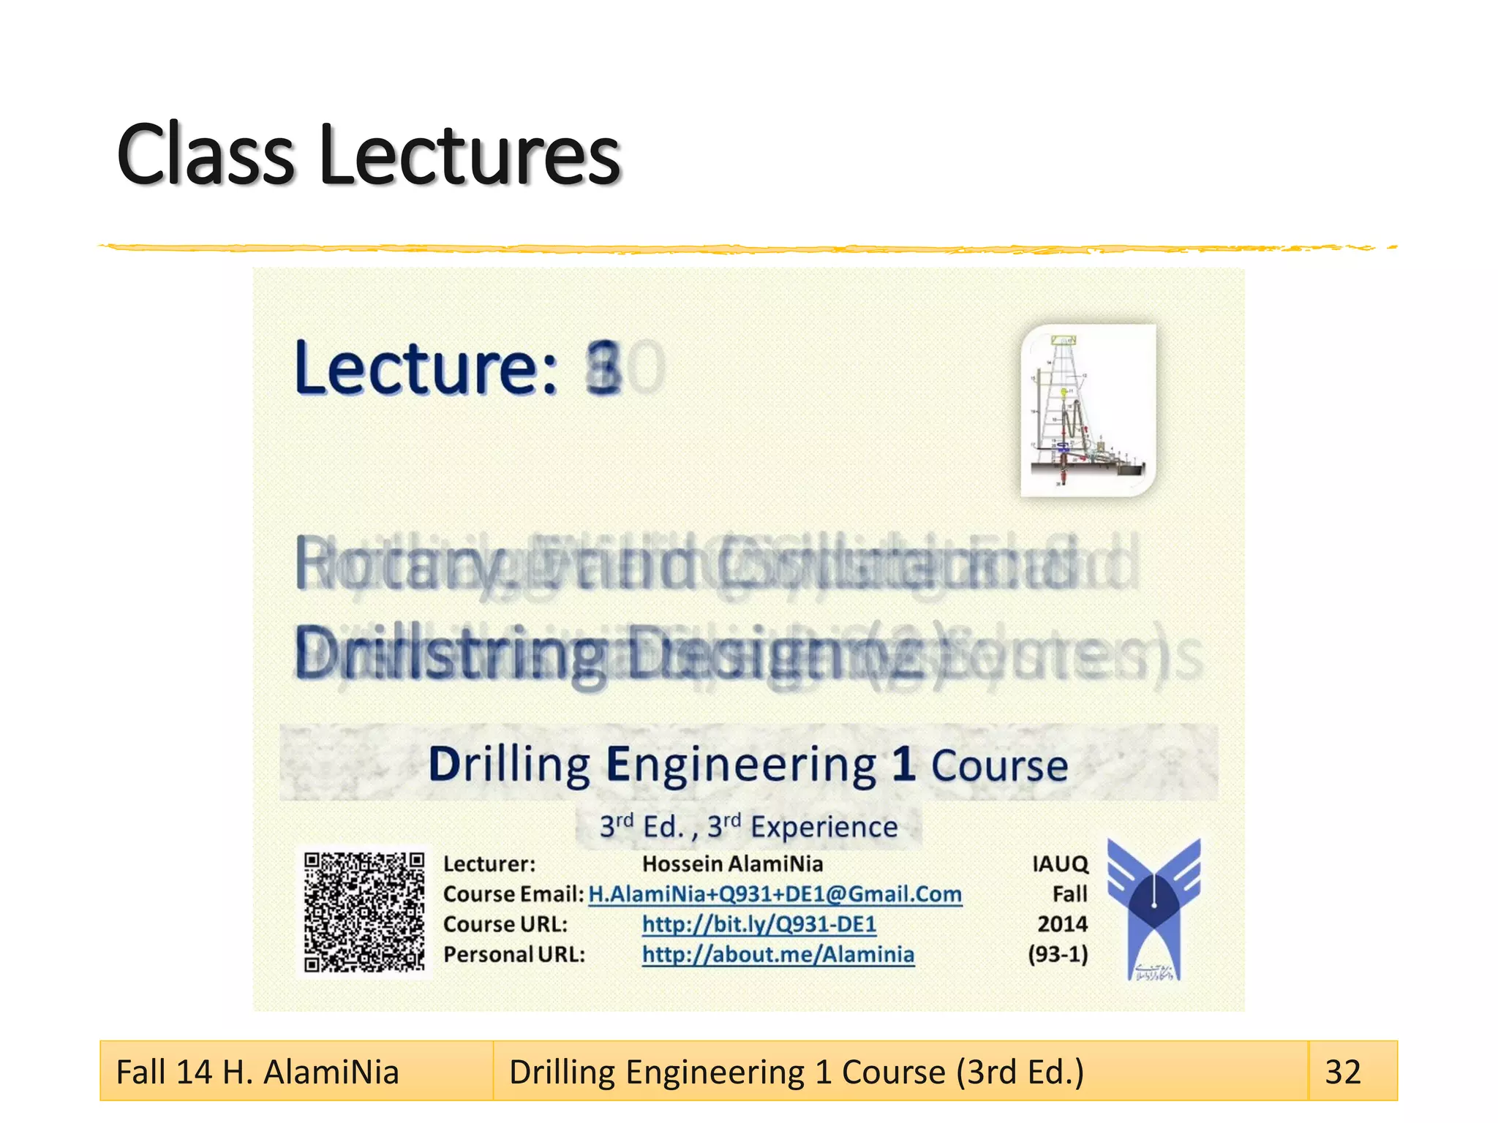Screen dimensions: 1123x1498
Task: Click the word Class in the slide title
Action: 205,155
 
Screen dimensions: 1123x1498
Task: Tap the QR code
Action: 364,912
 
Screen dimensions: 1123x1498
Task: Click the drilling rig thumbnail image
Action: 1088,410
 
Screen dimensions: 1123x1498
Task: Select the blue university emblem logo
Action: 1153,908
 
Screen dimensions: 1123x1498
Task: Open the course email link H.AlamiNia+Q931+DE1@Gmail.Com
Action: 775,894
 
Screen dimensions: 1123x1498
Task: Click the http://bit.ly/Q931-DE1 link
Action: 759,924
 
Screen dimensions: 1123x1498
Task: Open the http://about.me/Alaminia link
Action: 778,954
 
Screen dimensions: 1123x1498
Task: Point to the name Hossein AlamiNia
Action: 732,864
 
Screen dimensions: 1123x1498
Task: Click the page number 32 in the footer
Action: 1343,1072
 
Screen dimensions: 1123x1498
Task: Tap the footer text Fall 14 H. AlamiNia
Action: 257,1072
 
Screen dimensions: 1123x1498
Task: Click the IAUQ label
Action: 1060,864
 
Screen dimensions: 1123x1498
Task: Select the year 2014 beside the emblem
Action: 1062,924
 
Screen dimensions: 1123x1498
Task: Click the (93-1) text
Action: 1058,954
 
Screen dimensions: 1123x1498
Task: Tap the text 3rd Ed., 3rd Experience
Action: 748,827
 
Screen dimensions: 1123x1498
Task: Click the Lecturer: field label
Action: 489,864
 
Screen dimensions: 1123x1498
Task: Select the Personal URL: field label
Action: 514,954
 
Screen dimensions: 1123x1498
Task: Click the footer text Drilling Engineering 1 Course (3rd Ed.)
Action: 796,1072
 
